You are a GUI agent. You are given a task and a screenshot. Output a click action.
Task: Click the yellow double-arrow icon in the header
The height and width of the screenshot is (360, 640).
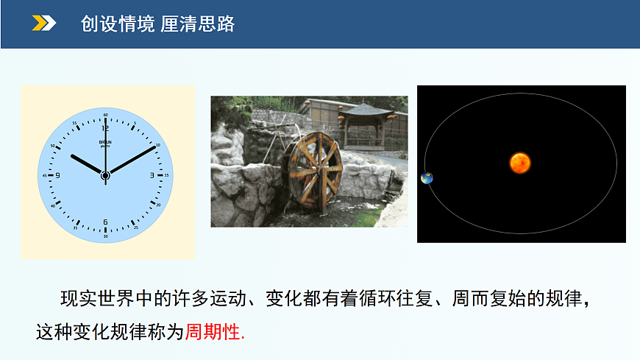tap(43, 24)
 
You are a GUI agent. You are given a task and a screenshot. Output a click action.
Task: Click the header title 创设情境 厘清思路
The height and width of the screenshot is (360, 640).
tap(157, 24)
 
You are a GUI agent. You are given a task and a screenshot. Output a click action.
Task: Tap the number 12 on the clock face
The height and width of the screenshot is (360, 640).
tap(105, 127)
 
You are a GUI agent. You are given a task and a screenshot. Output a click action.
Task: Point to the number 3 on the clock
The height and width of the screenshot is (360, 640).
tap(152, 175)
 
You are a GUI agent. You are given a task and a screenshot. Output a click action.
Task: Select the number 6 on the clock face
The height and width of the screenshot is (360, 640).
tap(105, 222)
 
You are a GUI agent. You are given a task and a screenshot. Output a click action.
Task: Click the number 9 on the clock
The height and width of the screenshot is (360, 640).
tap(57, 175)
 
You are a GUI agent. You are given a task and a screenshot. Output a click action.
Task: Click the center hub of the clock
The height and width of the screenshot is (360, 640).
tap(105, 175)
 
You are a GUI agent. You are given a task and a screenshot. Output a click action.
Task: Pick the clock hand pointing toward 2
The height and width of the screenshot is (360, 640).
tap(133, 160)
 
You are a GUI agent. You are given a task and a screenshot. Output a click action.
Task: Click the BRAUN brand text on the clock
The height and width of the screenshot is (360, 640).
tap(105, 141)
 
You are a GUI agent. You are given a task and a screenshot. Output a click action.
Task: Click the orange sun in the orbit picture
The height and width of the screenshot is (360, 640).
tap(520, 163)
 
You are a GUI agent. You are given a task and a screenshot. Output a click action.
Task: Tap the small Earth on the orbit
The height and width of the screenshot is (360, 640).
tap(427, 178)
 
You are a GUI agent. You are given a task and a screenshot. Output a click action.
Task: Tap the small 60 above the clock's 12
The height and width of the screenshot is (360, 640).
tap(105, 116)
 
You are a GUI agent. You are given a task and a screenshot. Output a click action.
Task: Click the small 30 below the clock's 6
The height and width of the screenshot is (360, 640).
tap(105, 236)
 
